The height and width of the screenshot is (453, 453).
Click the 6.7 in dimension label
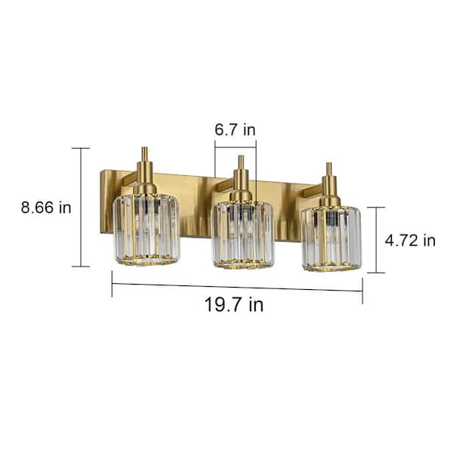tap(235, 130)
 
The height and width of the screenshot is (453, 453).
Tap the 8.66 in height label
tap(46, 208)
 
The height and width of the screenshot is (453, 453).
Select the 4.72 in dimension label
tap(410, 240)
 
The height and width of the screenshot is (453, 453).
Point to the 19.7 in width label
tap(234, 304)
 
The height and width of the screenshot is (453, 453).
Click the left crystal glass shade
tap(146, 229)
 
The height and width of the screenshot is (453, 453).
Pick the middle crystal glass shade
tap(242, 235)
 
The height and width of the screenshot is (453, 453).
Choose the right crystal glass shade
tap(331, 239)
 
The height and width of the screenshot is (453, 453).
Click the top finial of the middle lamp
tap(241, 162)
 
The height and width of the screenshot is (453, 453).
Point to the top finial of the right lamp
tap(329, 169)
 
